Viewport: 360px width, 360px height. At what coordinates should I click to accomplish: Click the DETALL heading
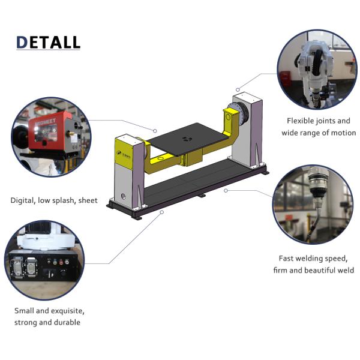(48, 43)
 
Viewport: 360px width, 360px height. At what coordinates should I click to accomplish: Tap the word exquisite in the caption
(67, 311)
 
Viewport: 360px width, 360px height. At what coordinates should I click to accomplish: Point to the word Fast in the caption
(286, 259)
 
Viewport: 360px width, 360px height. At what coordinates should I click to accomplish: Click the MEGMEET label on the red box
(46, 122)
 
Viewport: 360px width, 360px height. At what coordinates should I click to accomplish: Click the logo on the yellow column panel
(124, 155)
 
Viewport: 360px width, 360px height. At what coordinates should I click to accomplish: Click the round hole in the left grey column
(123, 197)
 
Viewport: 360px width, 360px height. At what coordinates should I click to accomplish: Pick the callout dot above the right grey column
(238, 89)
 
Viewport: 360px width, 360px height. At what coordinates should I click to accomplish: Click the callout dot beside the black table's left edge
(155, 131)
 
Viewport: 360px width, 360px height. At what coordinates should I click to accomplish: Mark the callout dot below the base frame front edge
(162, 212)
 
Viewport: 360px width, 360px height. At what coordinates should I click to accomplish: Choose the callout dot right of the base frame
(226, 191)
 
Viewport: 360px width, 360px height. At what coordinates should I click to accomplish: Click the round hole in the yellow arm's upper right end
(228, 118)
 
